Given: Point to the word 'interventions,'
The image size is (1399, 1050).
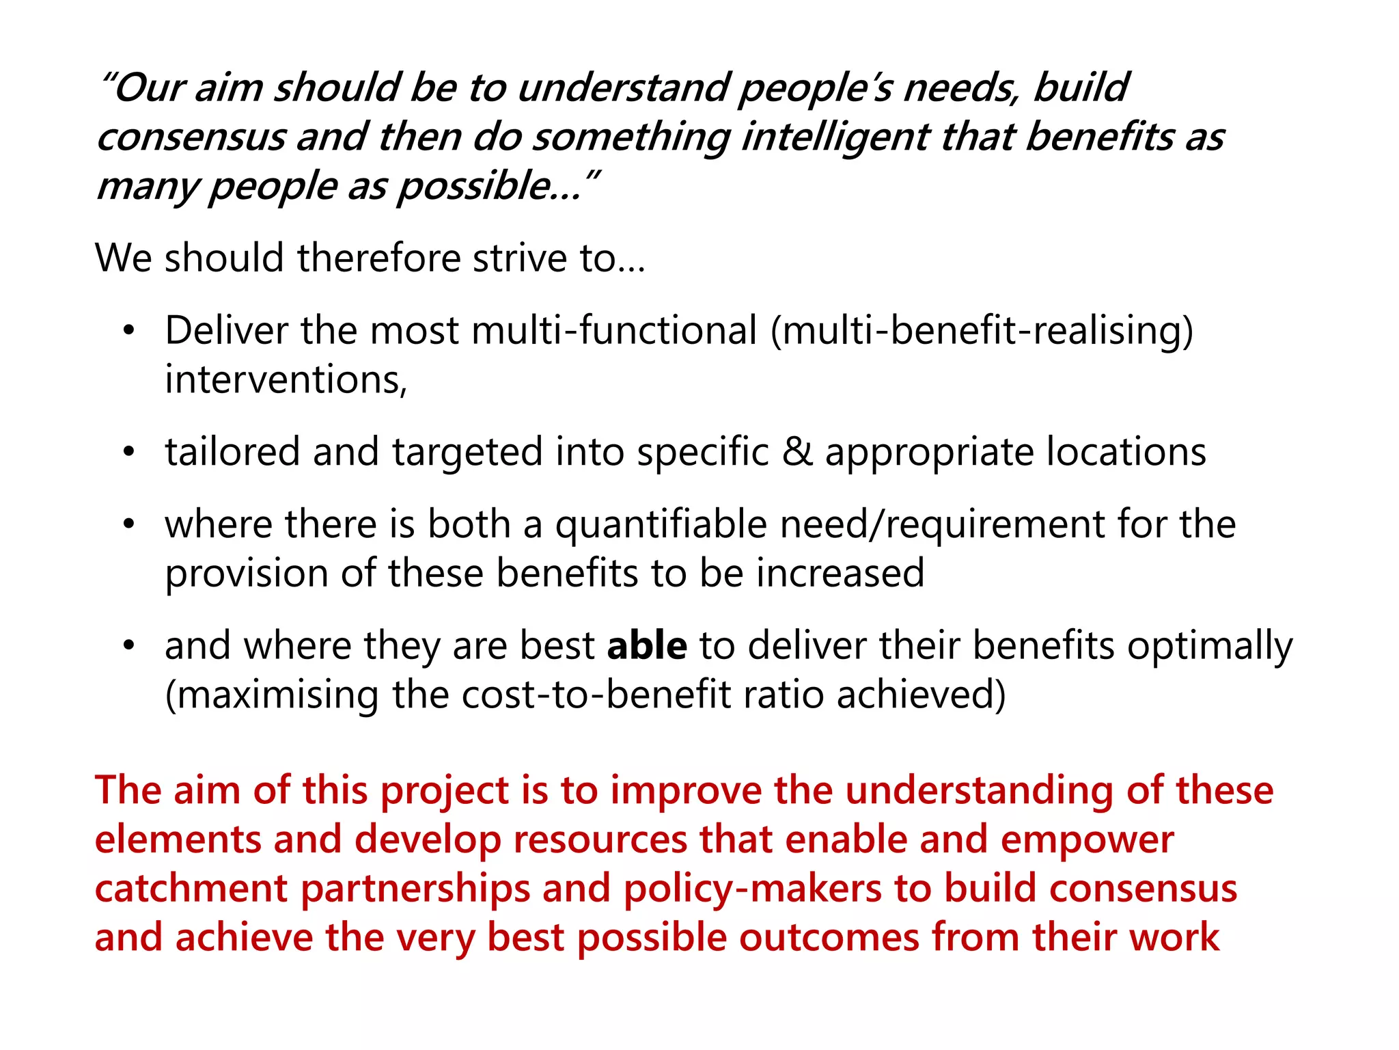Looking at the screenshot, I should pyautogui.click(x=286, y=380).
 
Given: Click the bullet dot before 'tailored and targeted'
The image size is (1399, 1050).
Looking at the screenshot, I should pyautogui.click(x=129, y=453).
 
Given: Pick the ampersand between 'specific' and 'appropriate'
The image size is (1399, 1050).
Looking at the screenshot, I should pyautogui.click(x=797, y=452).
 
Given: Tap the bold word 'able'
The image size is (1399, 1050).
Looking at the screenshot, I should pyautogui.click(x=647, y=646).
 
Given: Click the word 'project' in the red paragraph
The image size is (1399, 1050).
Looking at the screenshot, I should pyautogui.click(x=445, y=791).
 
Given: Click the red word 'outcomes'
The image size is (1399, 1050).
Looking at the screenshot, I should pyautogui.click(x=829, y=938).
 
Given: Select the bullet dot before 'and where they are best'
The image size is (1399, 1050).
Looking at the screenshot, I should pyautogui.click(x=129, y=646).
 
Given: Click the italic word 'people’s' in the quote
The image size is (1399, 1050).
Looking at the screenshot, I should pyautogui.click(x=816, y=89).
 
